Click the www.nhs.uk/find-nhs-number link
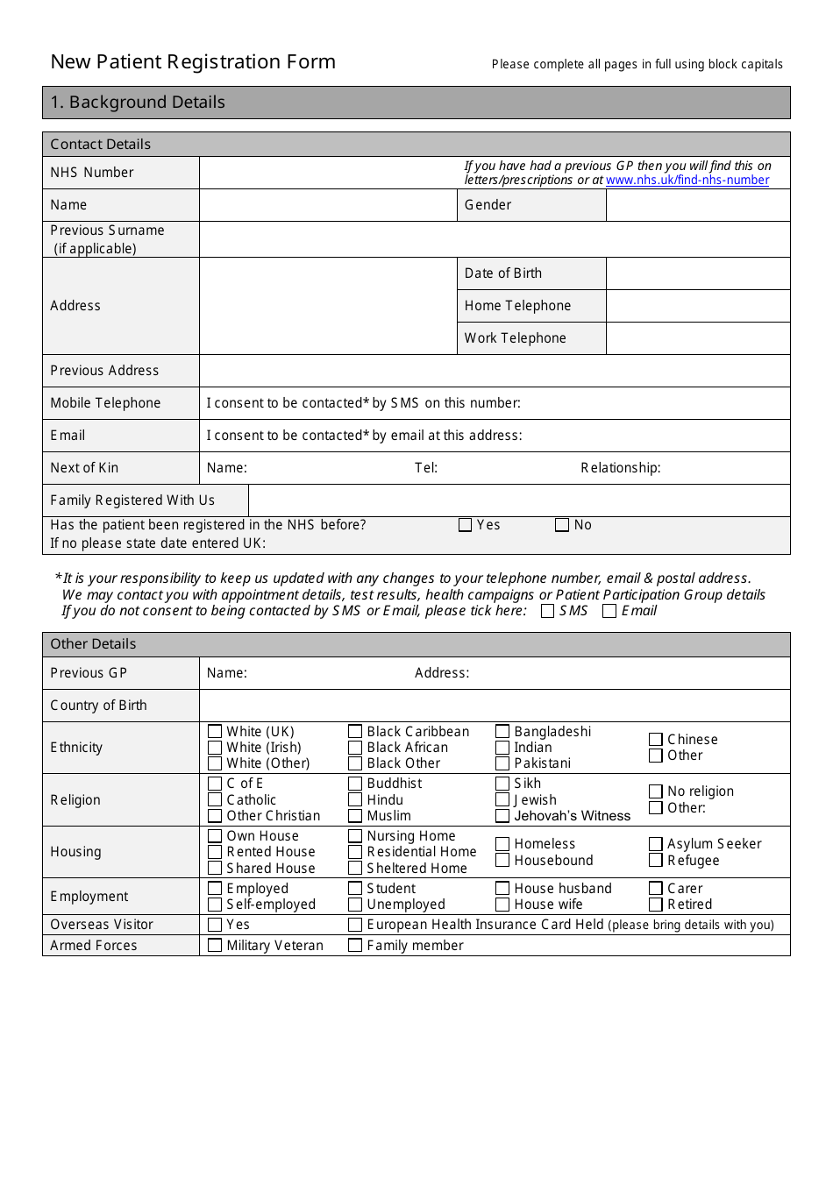click(x=687, y=181)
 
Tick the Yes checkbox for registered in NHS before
click(x=466, y=525)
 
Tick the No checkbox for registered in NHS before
click(x=562, y=525)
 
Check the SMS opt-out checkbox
click(x=548, y=611)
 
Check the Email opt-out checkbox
click(x=609, y=611)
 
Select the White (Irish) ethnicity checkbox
click(x=215, y=748)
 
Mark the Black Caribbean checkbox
click(x=355, y=731)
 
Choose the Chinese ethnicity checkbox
click(x=656, y=740)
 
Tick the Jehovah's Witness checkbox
click(x=502, y=816)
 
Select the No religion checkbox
click(x=656, y=791)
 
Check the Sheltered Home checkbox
click(x=355, y=868)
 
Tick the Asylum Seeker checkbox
click(x=656, y=844)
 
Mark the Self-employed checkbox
click(x=215, y=905)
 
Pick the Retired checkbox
click(x=656, y=905)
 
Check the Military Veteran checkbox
click(x=215, y=945)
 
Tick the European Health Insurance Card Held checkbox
click(x=355, y=925)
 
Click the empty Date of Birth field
click(x=698, y=273)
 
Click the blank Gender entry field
click(x=698, y=205)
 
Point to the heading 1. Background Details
click(x=138, y=103)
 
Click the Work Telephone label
click(x=516, y=338)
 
